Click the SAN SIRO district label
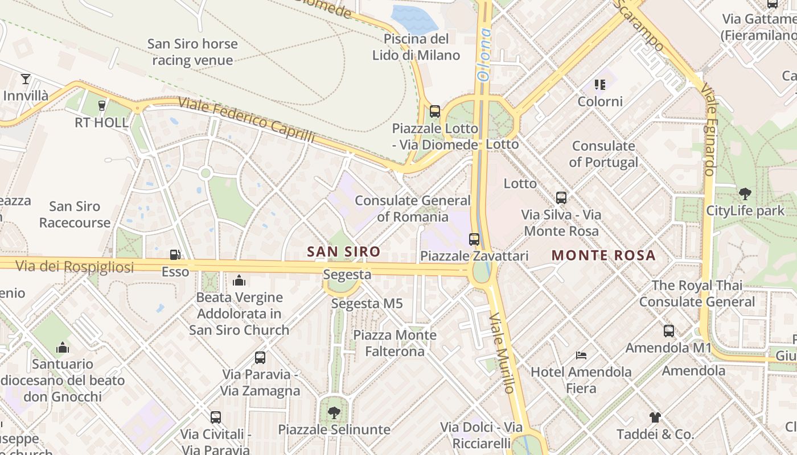point(343,251)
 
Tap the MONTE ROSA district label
point(603,255)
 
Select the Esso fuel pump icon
point(175,255)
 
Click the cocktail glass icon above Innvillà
point(25,78)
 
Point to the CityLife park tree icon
point(745,194)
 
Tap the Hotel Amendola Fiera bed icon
point(581,355)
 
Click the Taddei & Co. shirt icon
point(655,417)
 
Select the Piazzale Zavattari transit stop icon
point(474,239)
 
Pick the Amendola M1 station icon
point(668,330)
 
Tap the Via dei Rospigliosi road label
point(74,266)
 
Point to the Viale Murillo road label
point(502,353)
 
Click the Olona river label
point(484,54)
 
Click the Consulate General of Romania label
point(413,209)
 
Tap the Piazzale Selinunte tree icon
point(334,413)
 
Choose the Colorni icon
point(599,85)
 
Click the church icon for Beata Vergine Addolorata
point(239,280)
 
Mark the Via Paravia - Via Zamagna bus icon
point(260,358)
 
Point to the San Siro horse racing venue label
point(192,52)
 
